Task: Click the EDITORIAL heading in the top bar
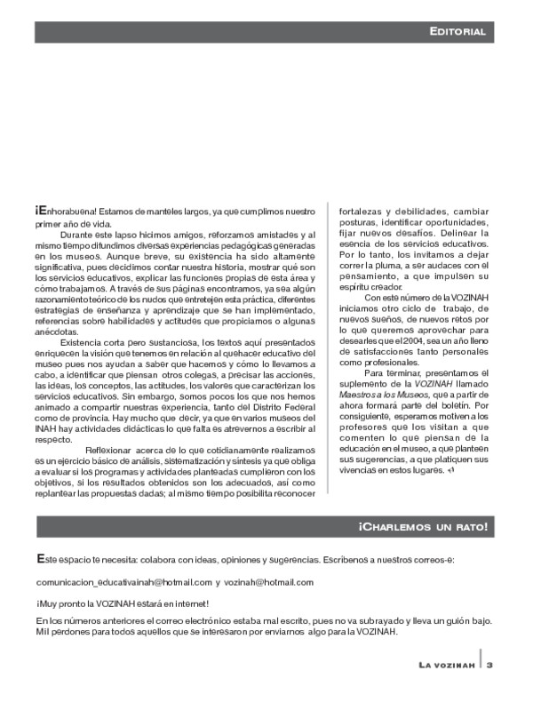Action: coord(457,32)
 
